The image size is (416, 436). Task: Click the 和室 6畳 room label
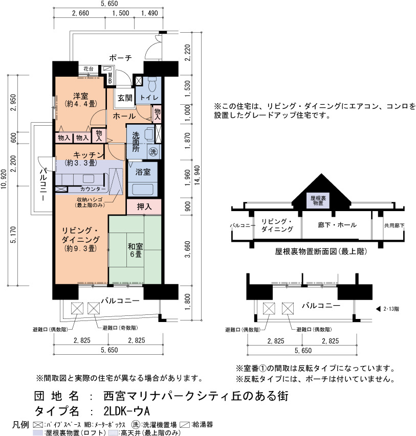(x=135, y=250)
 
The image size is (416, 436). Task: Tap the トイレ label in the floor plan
(x=149, y=98)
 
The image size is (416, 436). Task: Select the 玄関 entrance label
(x=125, y=98)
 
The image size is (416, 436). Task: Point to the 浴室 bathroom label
(x=143, y=172)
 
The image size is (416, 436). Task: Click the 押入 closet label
(x=144, y=206)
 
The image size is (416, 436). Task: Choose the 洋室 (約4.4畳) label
(x=81, y=100)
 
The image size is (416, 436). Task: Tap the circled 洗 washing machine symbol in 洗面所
(x=153, y=151)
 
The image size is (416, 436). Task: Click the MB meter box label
(x=110, y=78)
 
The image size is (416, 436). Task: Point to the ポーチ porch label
(x=120, y=58)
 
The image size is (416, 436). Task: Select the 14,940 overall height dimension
(x=197, y=176)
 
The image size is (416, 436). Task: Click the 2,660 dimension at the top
(x=80, y=13)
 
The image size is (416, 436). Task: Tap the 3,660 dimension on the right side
(x=188, y=249)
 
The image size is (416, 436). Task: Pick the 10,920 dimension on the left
(x=4, y=179)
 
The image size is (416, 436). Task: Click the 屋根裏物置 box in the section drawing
(x=318, y=200)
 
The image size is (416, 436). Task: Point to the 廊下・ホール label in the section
(x=337, y=225)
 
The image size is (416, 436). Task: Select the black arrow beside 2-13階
(x=378, y=309)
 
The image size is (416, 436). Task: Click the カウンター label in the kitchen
(x=93, y=189)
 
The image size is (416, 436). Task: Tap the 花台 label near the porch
(x=89, y=68)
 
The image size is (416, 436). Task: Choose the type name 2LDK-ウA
(x=126, y=410)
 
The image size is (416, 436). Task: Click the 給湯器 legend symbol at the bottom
(x=185, y=425)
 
